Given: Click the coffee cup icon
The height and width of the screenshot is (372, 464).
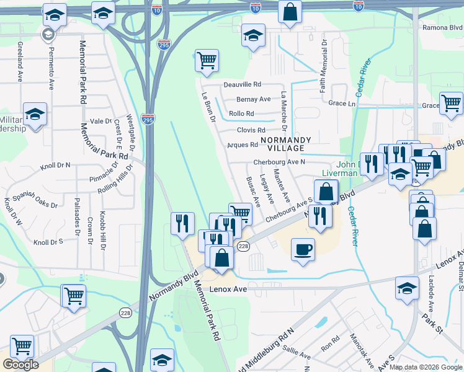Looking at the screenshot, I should tap(302, 250).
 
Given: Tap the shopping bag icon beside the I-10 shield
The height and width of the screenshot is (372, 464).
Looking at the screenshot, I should tap(290, 12).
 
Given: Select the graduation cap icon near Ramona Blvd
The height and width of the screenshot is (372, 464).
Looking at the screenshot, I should tap(252, 35).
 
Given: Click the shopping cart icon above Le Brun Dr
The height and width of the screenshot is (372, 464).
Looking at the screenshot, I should tap(207, 61).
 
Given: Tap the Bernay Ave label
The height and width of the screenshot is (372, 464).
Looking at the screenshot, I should tap(253, 99).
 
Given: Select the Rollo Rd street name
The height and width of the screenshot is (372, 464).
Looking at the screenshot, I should tap(241, 114).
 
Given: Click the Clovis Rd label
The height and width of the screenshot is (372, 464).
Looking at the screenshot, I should tap(251, 130).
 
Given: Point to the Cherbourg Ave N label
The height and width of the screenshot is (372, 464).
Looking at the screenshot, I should tap(279, 162).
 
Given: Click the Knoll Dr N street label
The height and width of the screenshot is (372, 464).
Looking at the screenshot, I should tap(55, 166).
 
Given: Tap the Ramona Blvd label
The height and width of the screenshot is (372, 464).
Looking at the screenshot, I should tap(442, 28).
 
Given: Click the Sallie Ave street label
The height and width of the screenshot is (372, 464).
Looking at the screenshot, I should tap(297, 353).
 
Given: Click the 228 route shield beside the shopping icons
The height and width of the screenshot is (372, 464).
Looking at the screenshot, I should tap(243, 246).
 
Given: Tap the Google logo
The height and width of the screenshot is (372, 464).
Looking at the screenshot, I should tap(20, 365).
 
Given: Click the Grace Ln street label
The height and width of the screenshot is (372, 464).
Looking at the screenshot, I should tap(342, 104).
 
